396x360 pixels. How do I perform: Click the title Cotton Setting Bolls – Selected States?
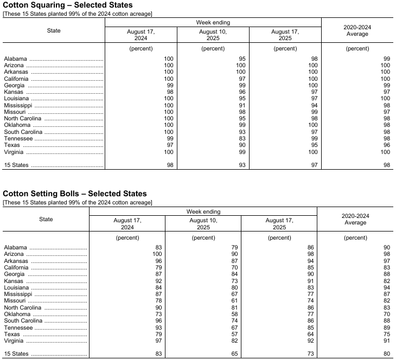pos(75,194)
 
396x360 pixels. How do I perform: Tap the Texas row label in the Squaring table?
pos(12,145)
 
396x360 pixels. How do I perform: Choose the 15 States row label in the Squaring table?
pos(17,165)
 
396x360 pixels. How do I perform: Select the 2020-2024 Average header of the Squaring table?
pos(357,30)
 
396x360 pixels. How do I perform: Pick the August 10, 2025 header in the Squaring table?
pos(213,35)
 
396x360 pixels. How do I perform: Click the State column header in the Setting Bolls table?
pos(46,220)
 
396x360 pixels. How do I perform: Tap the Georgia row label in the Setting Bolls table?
pos(14,274)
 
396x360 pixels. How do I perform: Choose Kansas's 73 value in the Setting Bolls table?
pos(235,280)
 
